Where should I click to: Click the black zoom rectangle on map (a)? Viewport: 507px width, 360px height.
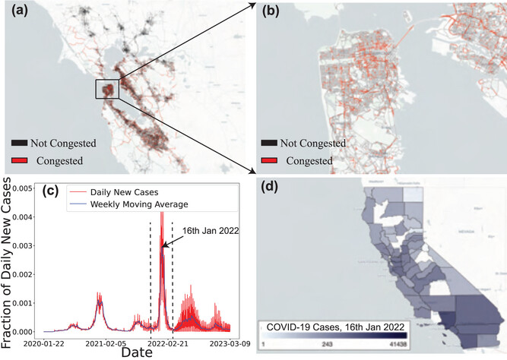[x=106, y=89]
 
